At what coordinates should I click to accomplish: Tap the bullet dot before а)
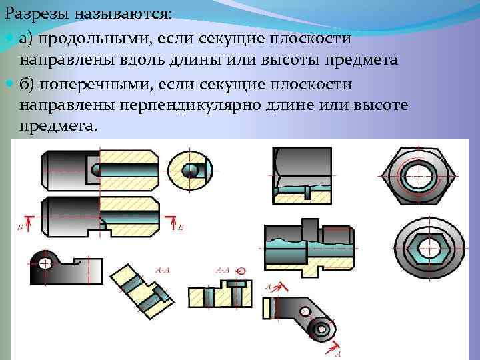coord(8,40)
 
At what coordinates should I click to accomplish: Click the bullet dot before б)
coord(8,85)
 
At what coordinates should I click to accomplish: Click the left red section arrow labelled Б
coord(27,219)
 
